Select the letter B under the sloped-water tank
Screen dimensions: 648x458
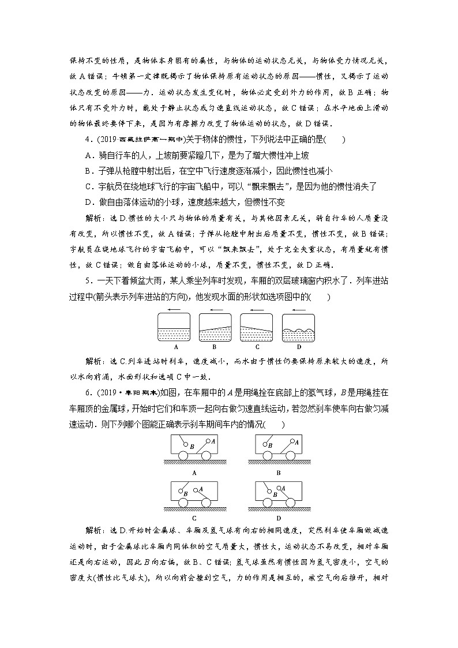tap(213, 347)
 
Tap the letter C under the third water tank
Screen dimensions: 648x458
tap(257, 347)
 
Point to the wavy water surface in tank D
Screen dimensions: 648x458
tap(298, 331)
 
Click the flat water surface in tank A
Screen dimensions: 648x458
tap(174, 328)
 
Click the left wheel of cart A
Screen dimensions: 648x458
tap(184, 455)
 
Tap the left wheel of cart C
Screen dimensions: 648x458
tap(184, 503)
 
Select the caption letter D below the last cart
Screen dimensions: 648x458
tap(278, 518)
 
